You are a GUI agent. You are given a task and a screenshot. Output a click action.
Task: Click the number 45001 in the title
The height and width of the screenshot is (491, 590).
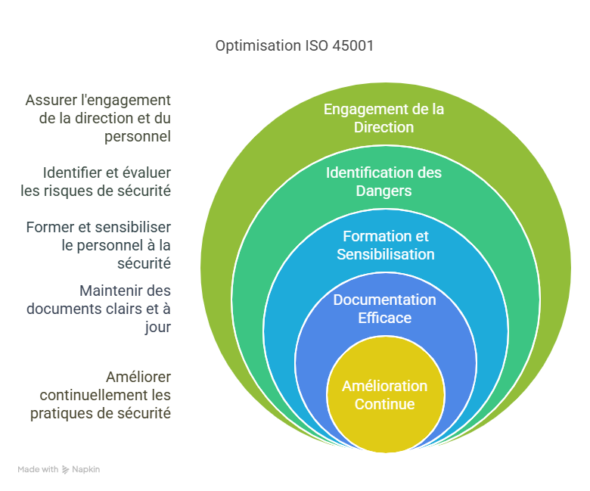pos(352,45)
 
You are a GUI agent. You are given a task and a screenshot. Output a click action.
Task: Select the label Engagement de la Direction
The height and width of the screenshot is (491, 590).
pos(383,118)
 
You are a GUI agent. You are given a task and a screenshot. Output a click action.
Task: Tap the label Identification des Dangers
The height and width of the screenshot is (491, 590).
pos(383,182)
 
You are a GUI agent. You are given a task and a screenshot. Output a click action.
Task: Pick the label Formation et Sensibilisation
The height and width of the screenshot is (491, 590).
pos(385,245)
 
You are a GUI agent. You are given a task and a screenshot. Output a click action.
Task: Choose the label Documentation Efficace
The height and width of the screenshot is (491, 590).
pos(384,309)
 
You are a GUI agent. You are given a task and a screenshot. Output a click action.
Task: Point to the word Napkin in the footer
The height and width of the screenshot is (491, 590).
pos(86,470)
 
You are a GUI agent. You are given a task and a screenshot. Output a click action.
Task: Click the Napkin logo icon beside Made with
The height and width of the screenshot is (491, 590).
pos(66,470)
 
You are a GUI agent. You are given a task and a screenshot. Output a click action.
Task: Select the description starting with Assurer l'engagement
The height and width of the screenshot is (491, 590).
pos(98,118)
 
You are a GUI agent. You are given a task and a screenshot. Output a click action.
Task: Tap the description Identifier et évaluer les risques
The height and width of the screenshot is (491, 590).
pos(96,181)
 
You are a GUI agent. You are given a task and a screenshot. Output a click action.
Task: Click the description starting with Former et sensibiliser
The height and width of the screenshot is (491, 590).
pos(98,245)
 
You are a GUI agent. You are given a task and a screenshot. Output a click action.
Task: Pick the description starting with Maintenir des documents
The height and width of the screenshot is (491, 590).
pos(98,309)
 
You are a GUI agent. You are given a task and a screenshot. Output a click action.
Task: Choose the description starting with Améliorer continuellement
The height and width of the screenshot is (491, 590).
pos(101,395)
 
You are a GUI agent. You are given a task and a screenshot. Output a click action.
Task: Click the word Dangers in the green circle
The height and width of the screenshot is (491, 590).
pos(383,191)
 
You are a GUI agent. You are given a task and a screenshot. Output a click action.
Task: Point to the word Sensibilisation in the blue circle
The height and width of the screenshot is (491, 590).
pos(385,254)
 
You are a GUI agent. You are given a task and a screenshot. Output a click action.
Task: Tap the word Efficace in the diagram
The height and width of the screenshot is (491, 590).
pos(384,318)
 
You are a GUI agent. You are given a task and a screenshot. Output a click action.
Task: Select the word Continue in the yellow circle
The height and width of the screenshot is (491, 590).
pos(384,404)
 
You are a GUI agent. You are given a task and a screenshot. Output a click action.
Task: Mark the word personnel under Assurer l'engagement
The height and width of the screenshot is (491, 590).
pos(138,136)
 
